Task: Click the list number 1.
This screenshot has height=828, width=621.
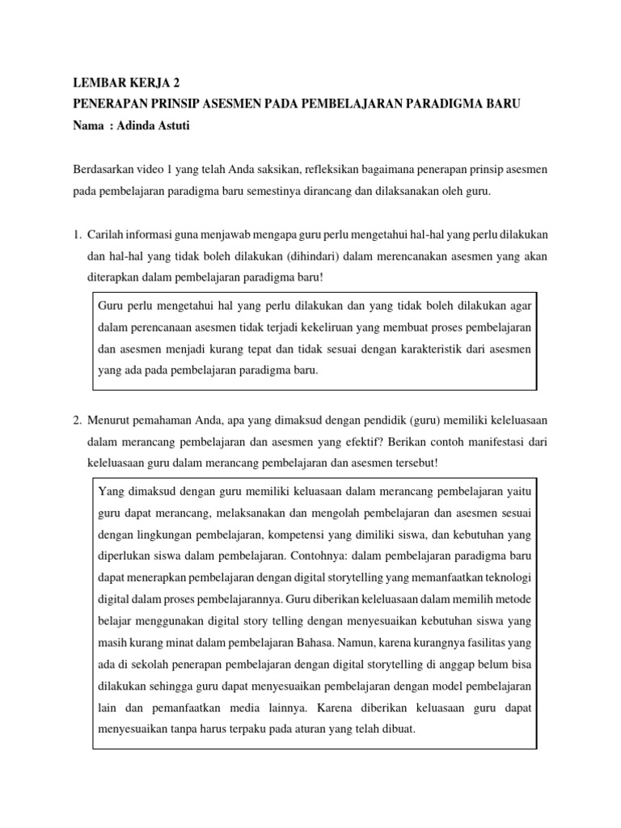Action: [77, 235]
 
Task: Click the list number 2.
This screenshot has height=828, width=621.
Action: [77, 421]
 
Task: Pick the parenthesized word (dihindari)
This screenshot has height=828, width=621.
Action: [273, 256]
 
